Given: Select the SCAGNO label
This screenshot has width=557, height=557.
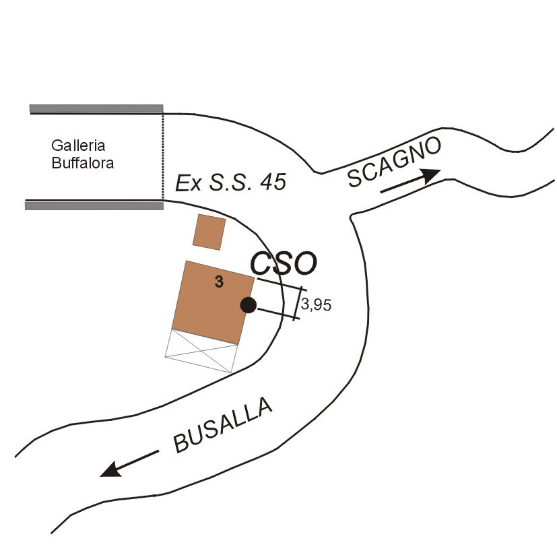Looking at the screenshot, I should point(395,162).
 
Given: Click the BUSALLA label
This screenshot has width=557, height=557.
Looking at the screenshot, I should point(224,425).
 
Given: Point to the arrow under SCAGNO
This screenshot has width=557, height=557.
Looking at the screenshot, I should point(410,181).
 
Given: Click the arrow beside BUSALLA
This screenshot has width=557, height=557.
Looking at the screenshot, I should point(129,464).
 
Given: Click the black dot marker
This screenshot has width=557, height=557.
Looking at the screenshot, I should point(249,305).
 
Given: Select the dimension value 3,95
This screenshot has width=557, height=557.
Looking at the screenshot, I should point(317,304).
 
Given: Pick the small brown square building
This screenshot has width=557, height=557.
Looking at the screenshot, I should point(209,232).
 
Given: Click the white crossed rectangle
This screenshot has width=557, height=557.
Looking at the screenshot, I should point(201,351).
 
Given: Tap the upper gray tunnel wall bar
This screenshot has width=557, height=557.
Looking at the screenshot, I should point(96,108).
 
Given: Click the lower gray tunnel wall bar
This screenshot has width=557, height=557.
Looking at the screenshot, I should point(94,206).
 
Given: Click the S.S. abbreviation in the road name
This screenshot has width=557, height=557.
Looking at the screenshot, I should point(226,183).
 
